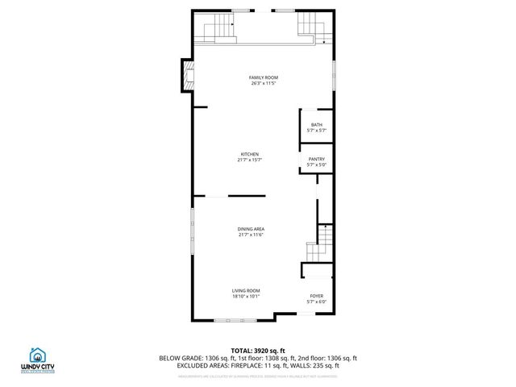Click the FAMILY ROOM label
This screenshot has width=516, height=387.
pyautogui.click(x=264, y=77)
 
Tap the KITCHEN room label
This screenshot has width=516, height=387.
pyautogui.click(x=250, y=154)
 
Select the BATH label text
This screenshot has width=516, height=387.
pyautogui.click(x=316, y=124)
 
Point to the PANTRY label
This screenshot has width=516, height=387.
pyautogui.click(x=316, y=160)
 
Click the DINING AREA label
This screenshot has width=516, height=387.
pyautogui.click(x=251, y=229)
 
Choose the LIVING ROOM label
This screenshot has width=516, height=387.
pyautogui.click(x=246, y=290)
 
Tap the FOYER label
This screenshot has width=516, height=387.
pyautogui.click(x=316, y=296)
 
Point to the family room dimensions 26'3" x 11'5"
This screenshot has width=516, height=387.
pyautogui.click(x=264, y=83)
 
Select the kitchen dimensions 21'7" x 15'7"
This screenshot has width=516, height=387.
pyautogui.click(x=250, y=160)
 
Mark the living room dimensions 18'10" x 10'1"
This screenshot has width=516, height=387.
pyautogui.click(x=246, y=296)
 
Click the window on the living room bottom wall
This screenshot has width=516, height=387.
pyautogui.click(x=234, y=322)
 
